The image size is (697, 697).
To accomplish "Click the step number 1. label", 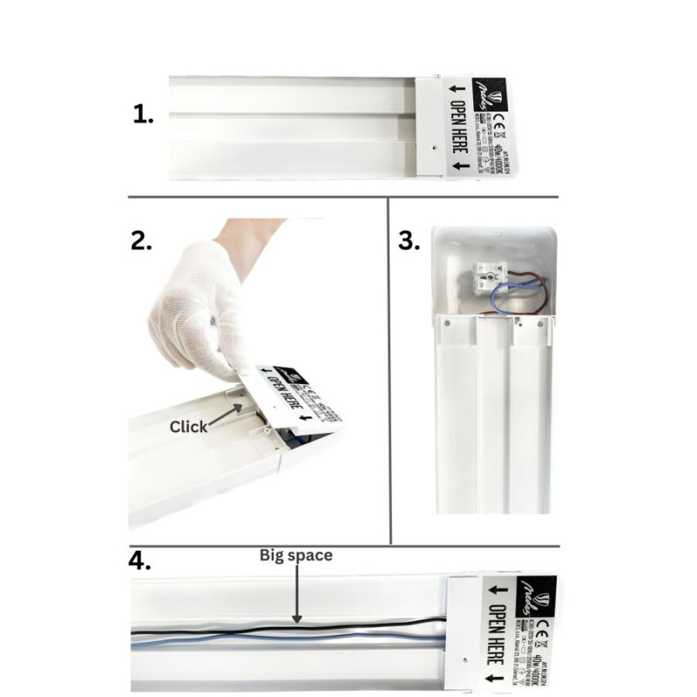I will click(144, 114).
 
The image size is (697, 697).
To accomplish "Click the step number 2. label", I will click(141, 240).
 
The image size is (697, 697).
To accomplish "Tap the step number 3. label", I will click(409, 241).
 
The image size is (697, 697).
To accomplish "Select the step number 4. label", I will click(141, 560).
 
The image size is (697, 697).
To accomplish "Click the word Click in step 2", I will click(188, 426).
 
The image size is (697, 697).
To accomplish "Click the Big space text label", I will click(296, 555).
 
